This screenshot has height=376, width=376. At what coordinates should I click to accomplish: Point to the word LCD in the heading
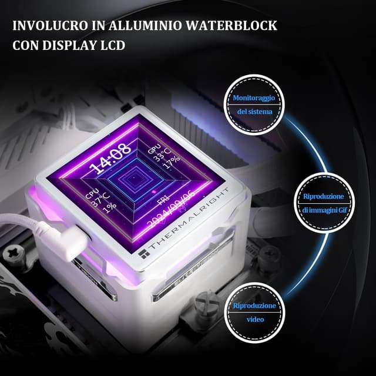coord(113,45)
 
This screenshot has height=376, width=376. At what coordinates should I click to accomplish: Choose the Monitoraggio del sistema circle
coord(254,104)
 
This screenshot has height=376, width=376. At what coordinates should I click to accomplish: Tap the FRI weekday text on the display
coord(163,203)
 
